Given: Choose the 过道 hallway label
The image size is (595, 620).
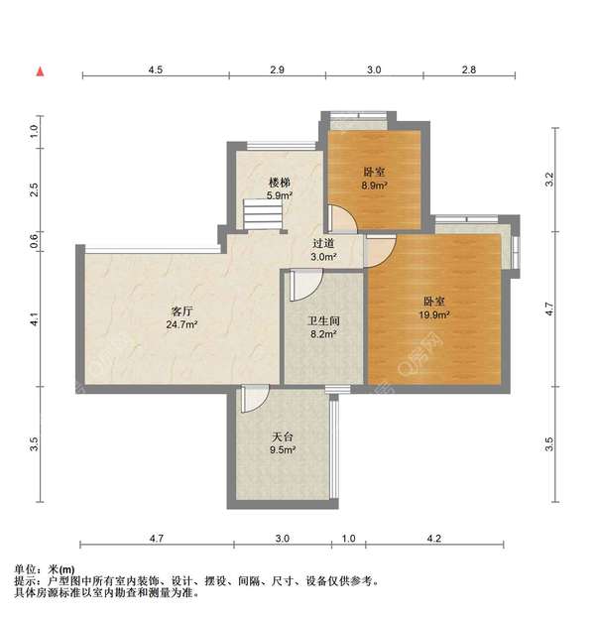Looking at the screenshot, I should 323,244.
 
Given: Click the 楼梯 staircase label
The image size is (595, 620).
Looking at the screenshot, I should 280,183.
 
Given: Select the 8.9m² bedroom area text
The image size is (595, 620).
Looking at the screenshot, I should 374,186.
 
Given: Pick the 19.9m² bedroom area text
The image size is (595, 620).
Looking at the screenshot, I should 434,314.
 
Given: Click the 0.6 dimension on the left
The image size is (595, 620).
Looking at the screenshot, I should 34,239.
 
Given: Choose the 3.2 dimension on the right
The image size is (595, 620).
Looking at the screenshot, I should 551,179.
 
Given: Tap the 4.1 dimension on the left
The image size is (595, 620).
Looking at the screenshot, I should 34,319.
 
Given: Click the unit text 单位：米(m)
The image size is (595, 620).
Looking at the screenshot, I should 45,569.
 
